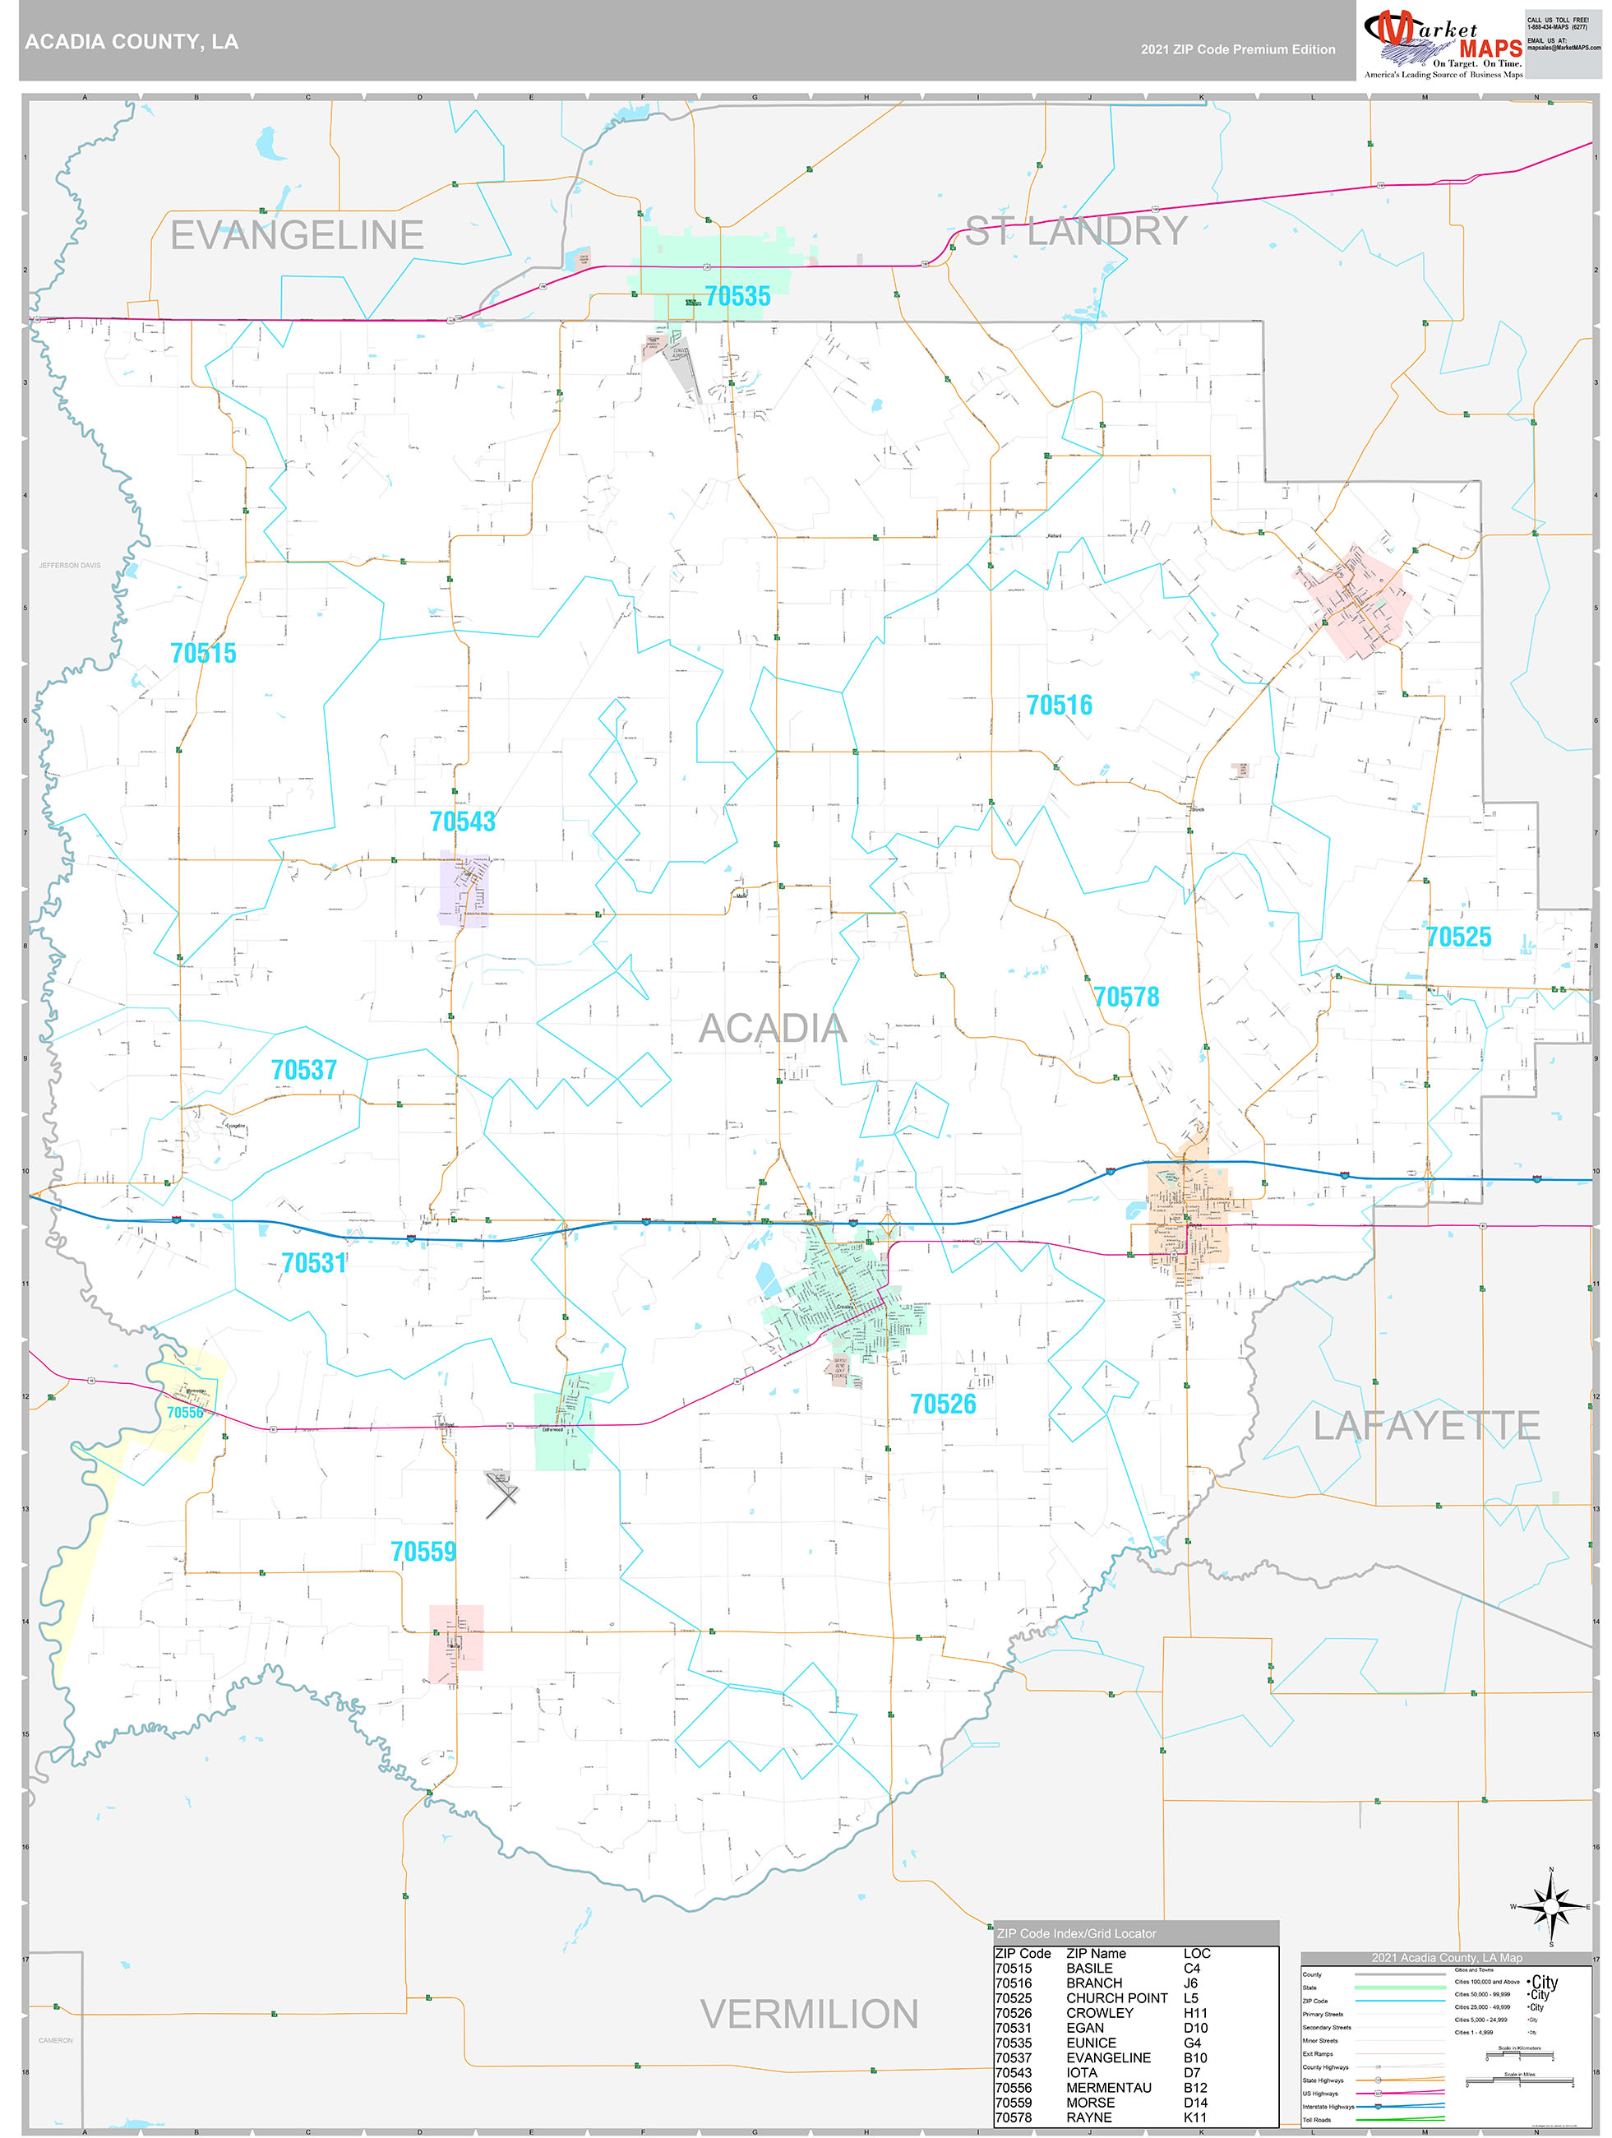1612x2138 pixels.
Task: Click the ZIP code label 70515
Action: click(x=203, y=654)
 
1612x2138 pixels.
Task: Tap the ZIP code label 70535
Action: click(x=737, y=297)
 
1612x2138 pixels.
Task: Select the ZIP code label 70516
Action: click(x=1060, y=706)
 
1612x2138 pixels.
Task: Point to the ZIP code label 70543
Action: click(x=462, y=821)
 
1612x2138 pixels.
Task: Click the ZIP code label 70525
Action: click(x=1458, y=937)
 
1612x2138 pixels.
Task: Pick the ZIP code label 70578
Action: click(x=1126, y=997)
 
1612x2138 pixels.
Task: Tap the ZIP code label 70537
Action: click(x=303, y=1070)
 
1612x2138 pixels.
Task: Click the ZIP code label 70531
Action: click(x=313, y=1263)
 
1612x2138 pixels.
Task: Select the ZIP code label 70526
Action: click(x=942, y=1404)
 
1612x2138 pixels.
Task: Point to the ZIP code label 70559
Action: click(x=423, y=1552)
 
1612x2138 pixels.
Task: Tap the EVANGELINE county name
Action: click(x=297, y=235)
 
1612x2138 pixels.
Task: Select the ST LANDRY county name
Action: click(x=1076, y=231)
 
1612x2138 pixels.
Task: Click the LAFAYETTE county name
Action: click(x=1425, y=1426)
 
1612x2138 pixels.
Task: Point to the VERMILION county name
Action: click(x=809, y=2015)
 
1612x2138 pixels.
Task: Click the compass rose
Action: click(x=1550, y=1906)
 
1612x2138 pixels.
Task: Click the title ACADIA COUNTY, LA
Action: click(x=132, y=42)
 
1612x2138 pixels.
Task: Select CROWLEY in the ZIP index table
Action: click(x=1099, y=2012)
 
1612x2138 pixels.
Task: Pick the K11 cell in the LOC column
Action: click(x=1194, y=2117)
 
